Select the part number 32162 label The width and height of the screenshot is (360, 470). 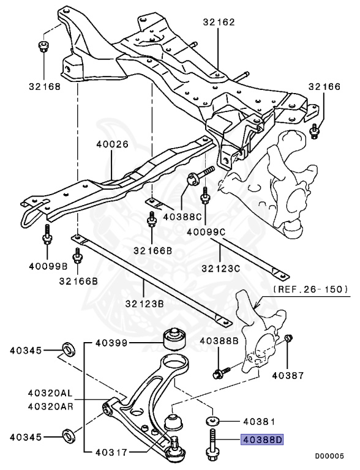click(219, 22)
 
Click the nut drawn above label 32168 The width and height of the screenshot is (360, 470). click(43, 46)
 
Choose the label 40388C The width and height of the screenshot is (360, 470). click(182, 216)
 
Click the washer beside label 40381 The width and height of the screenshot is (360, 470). click(212, 421)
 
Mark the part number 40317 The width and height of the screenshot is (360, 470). click(111, 453)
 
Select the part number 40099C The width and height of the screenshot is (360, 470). click(205, 233)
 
